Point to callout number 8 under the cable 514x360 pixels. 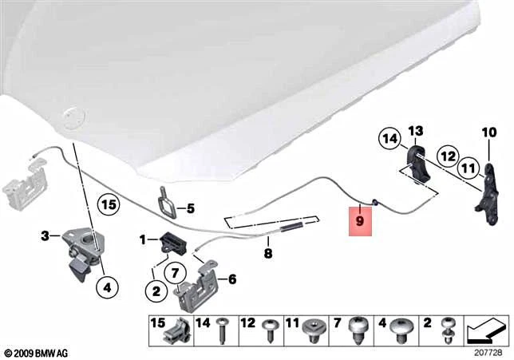click(268, 254)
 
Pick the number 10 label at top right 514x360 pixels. click(488, 132)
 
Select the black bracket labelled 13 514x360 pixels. click(417, 163)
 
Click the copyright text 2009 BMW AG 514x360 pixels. click(38, 352)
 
